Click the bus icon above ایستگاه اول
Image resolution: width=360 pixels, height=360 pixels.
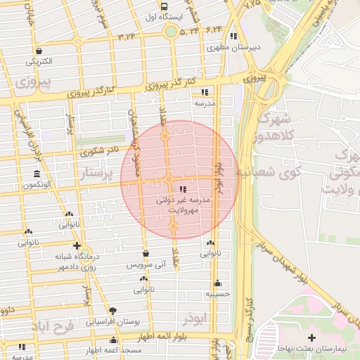164,6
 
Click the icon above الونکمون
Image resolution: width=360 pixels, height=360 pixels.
37,174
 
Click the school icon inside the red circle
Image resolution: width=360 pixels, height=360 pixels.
184,189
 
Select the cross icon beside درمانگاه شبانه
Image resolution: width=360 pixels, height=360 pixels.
77,245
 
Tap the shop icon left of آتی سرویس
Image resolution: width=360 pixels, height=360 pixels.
146,254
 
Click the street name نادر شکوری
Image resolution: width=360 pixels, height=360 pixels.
99,150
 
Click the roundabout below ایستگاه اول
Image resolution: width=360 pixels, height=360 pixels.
170,31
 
